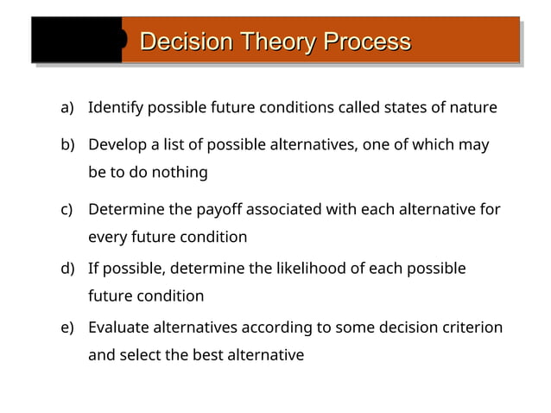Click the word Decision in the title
[x=184, y=41]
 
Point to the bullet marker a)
[x=67, y=108]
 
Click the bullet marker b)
[x=67, y=144]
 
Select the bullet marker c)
[x=67, y=209]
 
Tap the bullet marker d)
[x=67, y=269]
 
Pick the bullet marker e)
[x=67, y=327]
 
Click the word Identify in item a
[x=116, y=108]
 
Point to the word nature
[x=473, y=108]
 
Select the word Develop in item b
[x=118, y=144]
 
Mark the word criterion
[x=471, y=327]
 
